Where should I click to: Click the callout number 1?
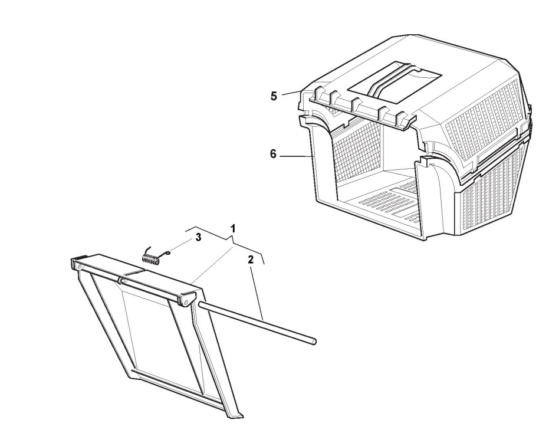[x=234, y=228]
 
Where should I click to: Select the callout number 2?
[x=251, y=259]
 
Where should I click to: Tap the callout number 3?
[x=198, y=237]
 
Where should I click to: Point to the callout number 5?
[x=274, y=96]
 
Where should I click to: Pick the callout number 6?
[x=273, y=153]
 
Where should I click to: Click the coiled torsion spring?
[x=152, y=258]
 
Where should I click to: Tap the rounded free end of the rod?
[x=314, y=341]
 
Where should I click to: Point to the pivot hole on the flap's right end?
[x=186, y=301]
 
